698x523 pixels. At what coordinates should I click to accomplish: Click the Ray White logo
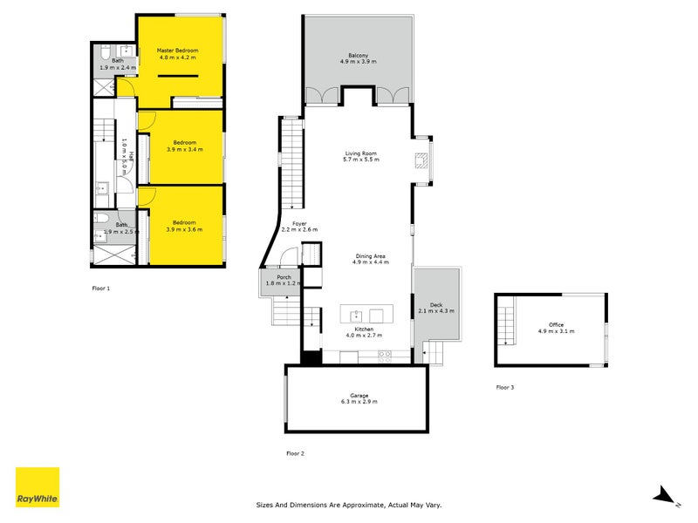(38, 487)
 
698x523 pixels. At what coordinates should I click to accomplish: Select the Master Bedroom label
(178, 51)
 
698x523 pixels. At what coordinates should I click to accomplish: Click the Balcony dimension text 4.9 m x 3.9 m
(359, 61)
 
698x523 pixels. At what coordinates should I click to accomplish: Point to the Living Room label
(361, 153)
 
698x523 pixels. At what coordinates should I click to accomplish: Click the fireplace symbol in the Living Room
(421, 160)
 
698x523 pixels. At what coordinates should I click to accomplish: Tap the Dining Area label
(370, 256)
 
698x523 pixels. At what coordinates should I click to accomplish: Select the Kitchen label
(364, 329)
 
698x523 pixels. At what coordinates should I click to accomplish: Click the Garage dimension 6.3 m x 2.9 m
(359, 402)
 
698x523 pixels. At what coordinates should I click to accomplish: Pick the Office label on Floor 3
(557, 324)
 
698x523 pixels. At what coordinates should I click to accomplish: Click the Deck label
(436, 304)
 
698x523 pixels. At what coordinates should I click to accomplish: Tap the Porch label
(284, 277)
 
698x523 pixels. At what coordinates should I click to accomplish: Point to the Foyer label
(299, 224)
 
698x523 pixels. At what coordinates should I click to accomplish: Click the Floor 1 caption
(101, 289)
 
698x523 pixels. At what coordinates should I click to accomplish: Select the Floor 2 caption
(295, 453)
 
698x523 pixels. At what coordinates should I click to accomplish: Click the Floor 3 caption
(505, 387)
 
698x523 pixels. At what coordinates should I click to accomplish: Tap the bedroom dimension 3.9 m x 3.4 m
(185, 149)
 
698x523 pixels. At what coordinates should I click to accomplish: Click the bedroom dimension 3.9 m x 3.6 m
(184, 229)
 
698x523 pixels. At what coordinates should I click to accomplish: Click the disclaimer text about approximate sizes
(349, 505)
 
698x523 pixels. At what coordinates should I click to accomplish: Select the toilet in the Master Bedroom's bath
(106, 52)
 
